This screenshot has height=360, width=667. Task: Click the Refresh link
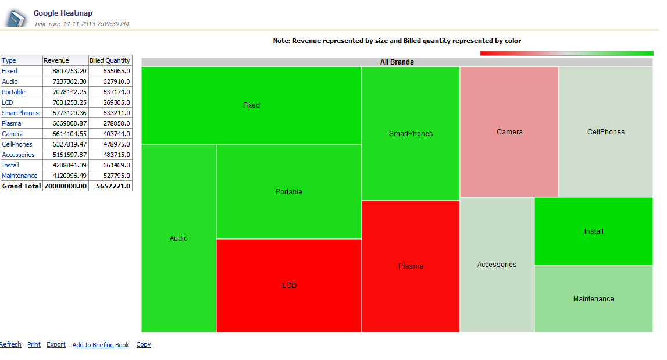coord(10,345)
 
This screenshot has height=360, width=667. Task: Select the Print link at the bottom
coord(34,345)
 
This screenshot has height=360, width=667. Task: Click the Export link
coord(56,345)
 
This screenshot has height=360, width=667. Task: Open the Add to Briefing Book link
coord(101,345)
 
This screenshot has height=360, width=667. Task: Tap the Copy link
coord(144,345)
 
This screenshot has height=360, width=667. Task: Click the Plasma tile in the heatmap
coord(411,266)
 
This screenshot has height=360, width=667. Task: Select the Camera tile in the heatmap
coord(509,132)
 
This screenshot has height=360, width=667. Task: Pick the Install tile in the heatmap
coord(594,231)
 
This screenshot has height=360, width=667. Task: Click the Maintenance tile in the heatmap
coord(593,299)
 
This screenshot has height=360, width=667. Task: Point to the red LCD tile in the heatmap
coord(289,286)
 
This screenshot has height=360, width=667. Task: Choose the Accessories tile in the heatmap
coord(497,265)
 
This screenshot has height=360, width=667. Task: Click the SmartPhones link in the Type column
coord(20,113)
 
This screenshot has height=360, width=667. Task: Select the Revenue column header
coord(56,60)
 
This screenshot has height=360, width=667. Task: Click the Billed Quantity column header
coord(110,60)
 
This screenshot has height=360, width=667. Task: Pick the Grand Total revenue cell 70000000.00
coord(66,186)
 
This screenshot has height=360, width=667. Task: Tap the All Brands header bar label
coord(397,62)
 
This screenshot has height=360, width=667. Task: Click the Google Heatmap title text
coord(63,13)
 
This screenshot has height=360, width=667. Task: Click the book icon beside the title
coord(16,19)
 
